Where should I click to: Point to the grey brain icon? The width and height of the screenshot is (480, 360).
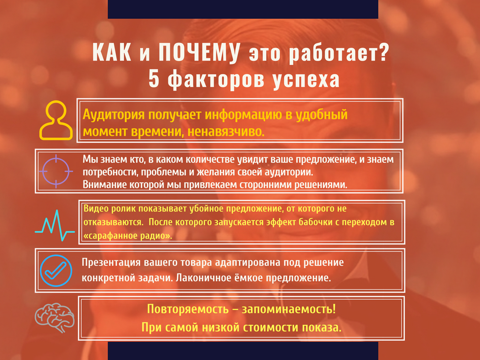coord(54,317)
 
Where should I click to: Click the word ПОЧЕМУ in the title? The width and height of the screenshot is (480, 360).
coord(199,52)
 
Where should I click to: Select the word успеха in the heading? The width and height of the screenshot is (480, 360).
coord(306,80)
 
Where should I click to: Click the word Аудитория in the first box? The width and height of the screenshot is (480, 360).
coord(113,115)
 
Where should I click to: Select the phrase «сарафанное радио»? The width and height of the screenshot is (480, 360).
coord(128,236)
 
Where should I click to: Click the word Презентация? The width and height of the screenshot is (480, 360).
coord(111,262)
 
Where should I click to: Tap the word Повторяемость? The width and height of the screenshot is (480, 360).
coord(188,309)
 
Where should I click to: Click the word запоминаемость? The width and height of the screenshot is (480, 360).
coord(289,309)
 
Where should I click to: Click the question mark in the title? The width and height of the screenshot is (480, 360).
coord(383,52)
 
